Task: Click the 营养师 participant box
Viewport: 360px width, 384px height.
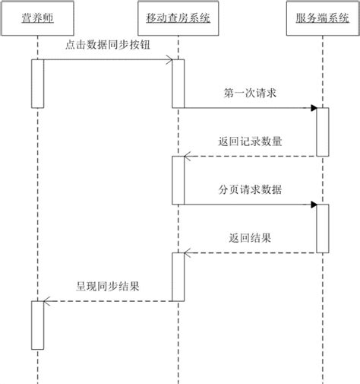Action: (37, 16)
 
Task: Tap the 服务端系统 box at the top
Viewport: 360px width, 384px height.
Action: (322, 16)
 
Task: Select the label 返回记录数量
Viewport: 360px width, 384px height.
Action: (250, 141)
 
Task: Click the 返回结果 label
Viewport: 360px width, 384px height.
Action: (250, 238)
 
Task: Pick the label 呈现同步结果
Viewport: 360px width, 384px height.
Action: (107, 287)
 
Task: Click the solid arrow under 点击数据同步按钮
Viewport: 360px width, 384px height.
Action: (106, 60)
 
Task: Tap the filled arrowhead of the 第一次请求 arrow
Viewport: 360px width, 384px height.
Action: (313, 108)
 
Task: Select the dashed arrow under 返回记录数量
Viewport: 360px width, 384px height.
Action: (250, 157)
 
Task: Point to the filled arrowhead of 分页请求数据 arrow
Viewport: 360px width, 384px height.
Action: (313, 204)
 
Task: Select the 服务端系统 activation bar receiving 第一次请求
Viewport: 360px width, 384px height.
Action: (323, 132)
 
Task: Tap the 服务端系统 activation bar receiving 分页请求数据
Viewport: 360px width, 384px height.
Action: (323, 227)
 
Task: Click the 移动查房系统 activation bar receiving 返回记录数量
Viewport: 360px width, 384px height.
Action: (178, 179)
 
